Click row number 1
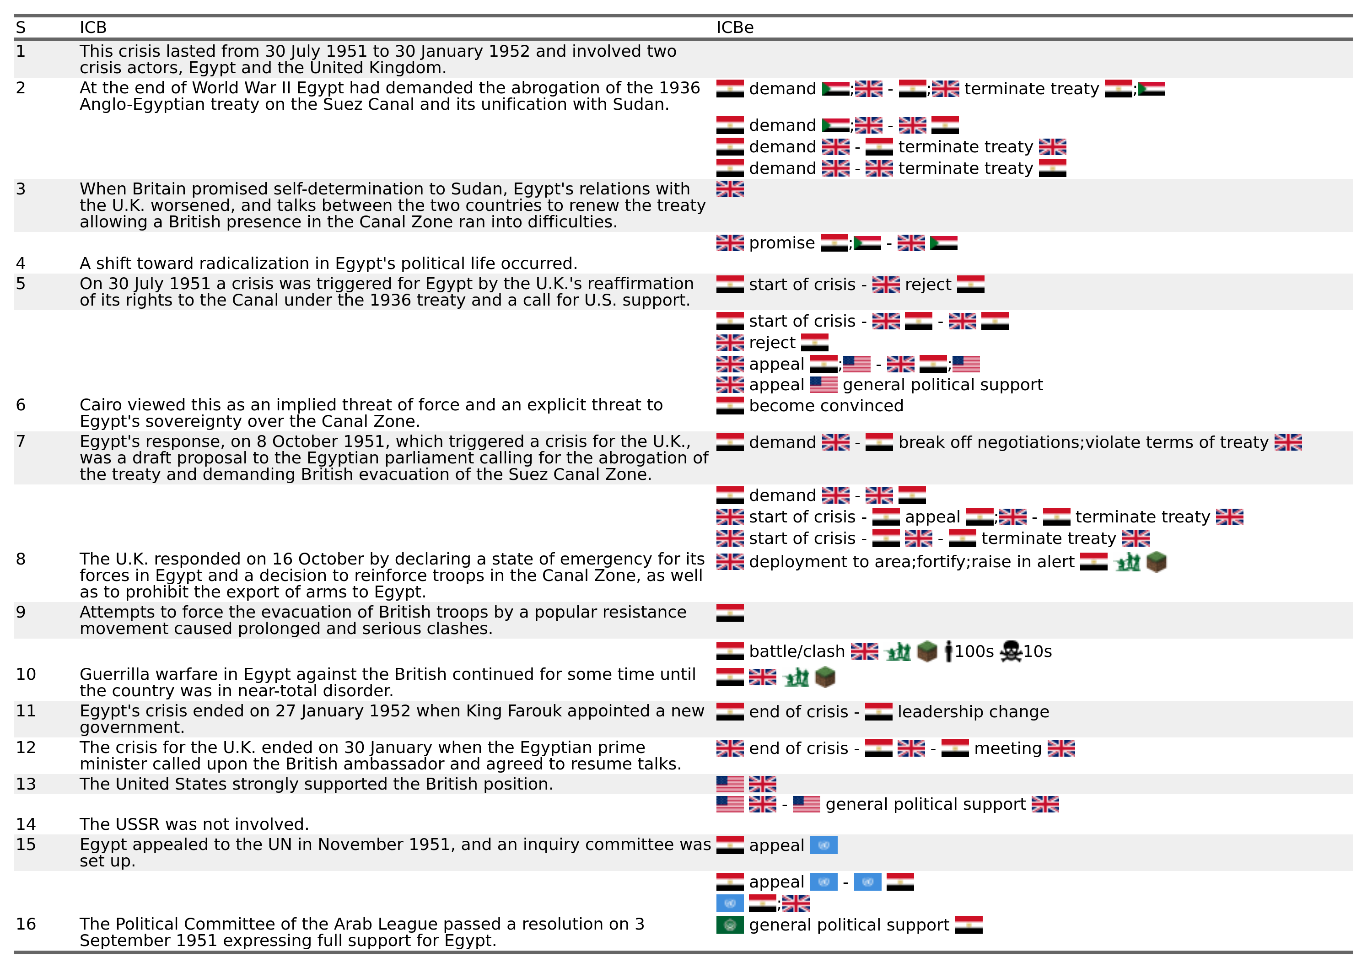pyautogui.click(x=21, y=51)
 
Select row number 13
pyautogui.click(x=26, y=784)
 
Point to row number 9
pyautogui.click(x=21, y=612)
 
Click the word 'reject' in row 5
pyautogui.click(x=928, y=285)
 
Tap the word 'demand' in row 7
pyautogui.click(x=782, y=442)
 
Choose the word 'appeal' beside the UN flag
pyautogui.click(x=776, y=846)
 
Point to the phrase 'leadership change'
pyautogui.click(x=973, y=712)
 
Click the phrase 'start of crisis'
pyautogui.click(x=802, y=285)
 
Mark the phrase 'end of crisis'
pyautogui.click(x=798, y=712)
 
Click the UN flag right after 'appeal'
pyautogui.click(x=823, y=845)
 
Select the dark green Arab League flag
pyautogui.click(x=730, y=925)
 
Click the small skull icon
pyautogui.click(x=1011, y=653)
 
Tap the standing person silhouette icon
pyautogui.click(x=948, y=651)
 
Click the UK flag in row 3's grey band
pyautogui.click(x=730, y=189)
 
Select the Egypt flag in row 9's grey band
pyautogui.click(x=730, y=612)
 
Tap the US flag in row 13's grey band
pyautogui.click(x=730, y=784)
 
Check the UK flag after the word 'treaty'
pyautogui.click(x=1288, y=442)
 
